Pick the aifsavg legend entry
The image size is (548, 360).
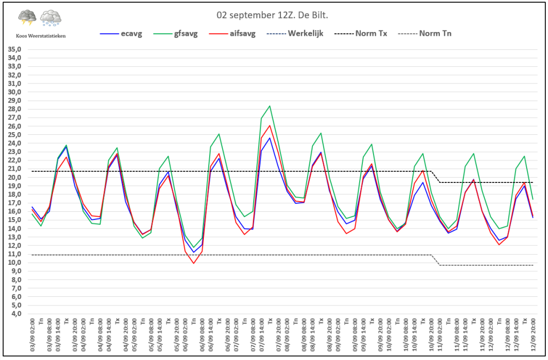point(241,34)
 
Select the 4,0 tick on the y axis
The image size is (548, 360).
point(16,314)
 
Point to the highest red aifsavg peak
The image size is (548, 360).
point(270,126)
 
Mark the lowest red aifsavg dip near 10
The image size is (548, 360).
point(194,263)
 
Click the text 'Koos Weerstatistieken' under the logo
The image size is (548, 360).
point(40,36)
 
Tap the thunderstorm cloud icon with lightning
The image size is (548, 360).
point(27,18)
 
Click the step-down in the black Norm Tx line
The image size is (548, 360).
point(436,177)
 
